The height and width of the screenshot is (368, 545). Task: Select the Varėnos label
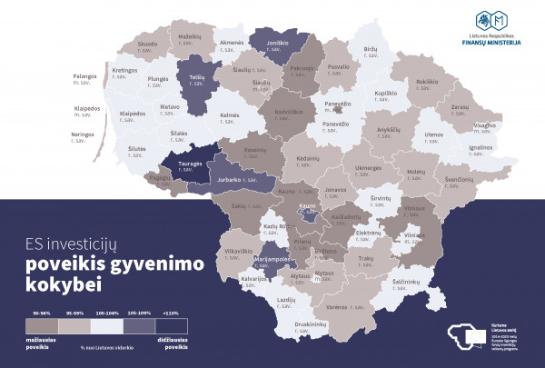click(339, 306)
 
